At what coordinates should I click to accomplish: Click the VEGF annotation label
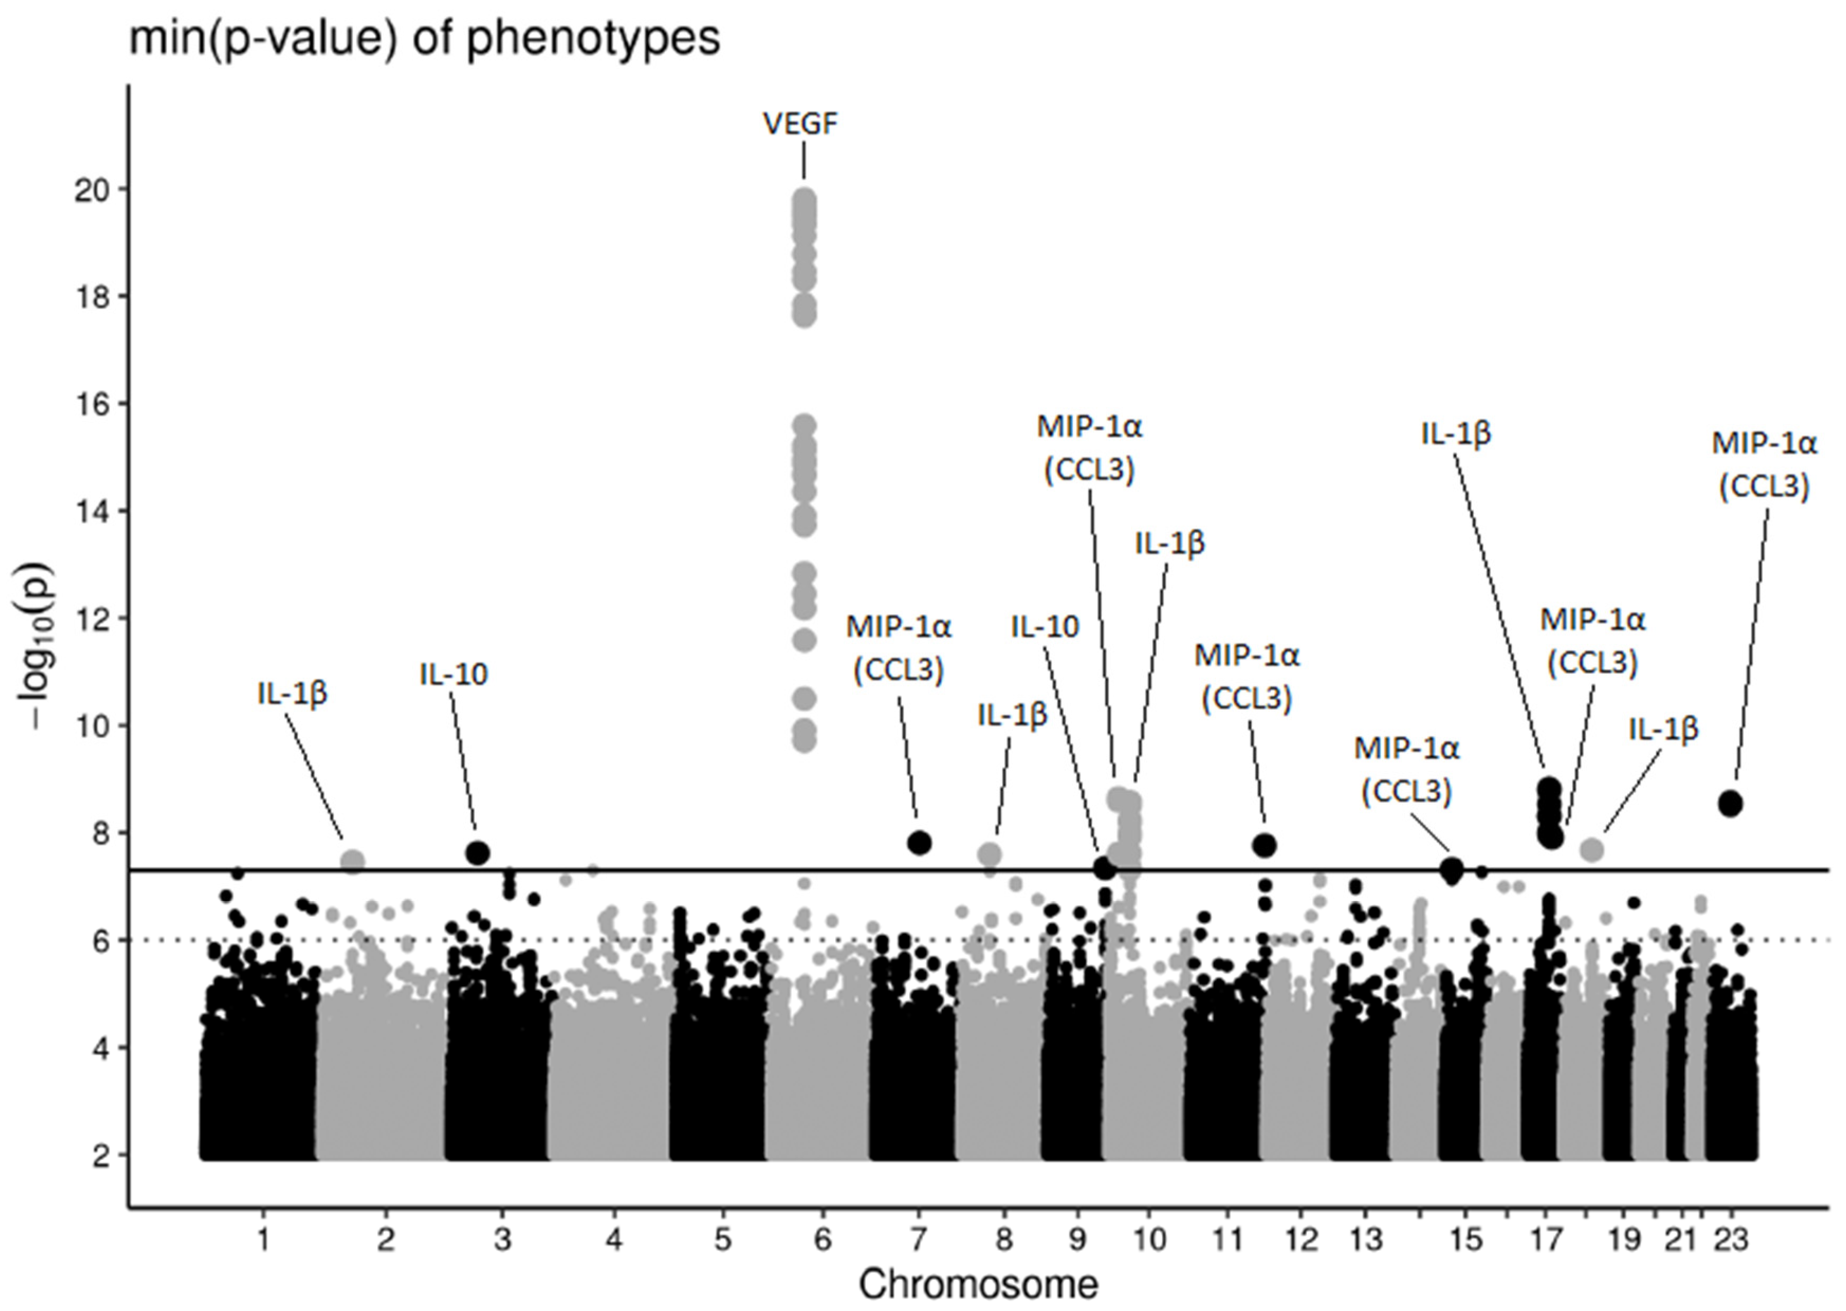point(800,124)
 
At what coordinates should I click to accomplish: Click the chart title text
point(424,38)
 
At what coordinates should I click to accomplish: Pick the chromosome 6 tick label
point(822,1239)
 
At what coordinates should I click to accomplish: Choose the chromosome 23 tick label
point(1731,1239)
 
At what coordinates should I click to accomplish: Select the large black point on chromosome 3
point(478,852)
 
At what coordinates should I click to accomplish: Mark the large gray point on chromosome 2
point(353,861)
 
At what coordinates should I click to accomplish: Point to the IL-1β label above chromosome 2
point(292,693)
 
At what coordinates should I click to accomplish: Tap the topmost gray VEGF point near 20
point(804,199)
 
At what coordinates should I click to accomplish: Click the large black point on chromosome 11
point(1264,846)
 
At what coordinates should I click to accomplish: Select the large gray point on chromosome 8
point(989,854)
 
